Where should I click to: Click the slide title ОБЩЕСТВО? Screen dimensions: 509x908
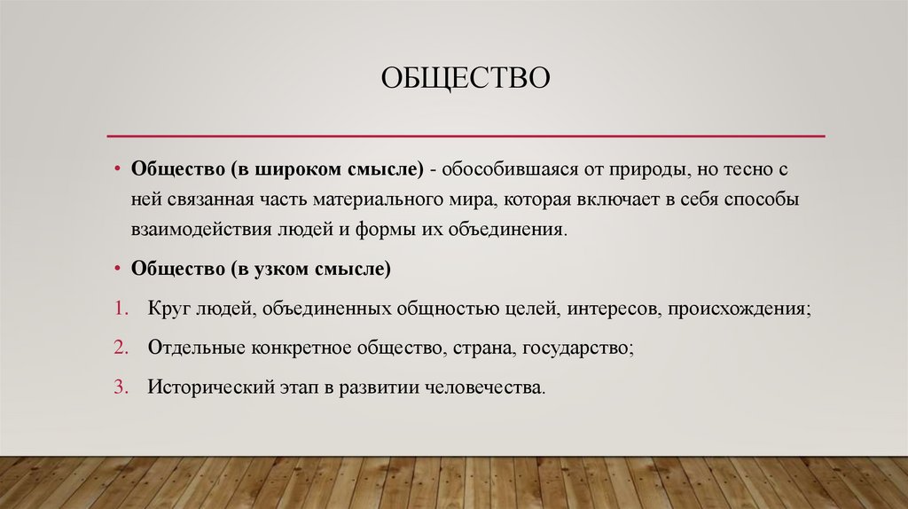click(466, 79)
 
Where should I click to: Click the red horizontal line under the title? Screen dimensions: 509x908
click(466, 136)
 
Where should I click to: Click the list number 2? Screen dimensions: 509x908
click(119, 348)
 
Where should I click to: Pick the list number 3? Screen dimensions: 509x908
click(119, 387)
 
